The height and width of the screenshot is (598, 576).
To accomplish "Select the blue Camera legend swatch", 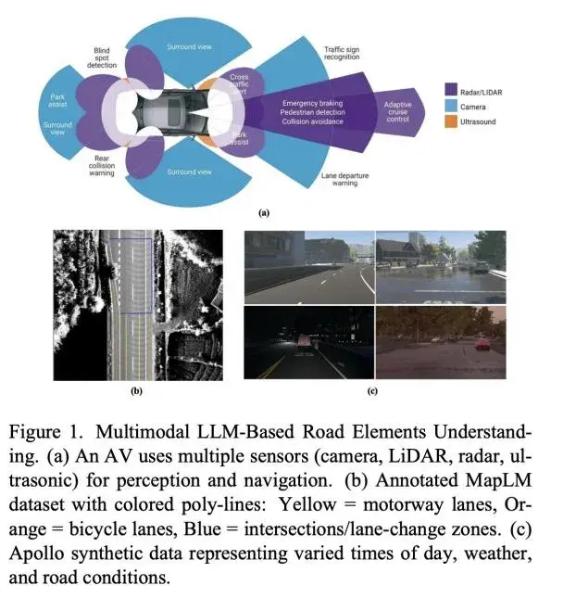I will [x=451, y=107].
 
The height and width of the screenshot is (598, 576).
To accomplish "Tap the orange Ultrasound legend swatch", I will [x=451, y=122].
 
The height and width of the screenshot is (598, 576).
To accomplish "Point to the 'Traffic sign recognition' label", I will [x=342, y=53].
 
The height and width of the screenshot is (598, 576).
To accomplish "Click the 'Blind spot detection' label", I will [x=102, y=57].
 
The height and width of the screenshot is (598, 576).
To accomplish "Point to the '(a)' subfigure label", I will [x=264, y=212].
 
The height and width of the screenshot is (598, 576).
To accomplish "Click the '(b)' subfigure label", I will [x=136, y=391].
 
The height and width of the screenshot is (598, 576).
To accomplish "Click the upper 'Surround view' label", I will [x=189, y=46].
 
